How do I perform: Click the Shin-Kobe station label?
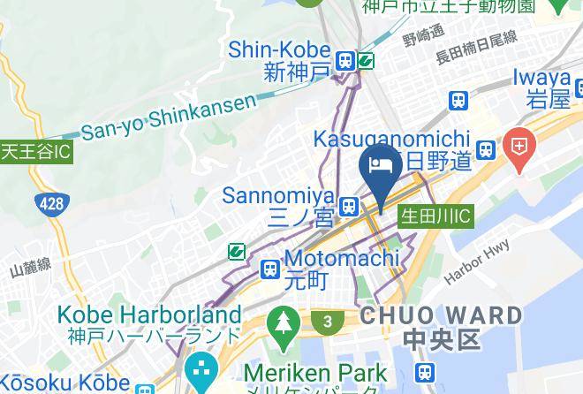280,60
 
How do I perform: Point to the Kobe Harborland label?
149,323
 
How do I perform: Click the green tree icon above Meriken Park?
284,323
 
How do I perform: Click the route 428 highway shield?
52,205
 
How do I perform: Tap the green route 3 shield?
328,322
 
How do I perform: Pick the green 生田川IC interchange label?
436,216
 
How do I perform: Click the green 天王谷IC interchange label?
35,151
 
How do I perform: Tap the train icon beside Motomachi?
269,269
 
